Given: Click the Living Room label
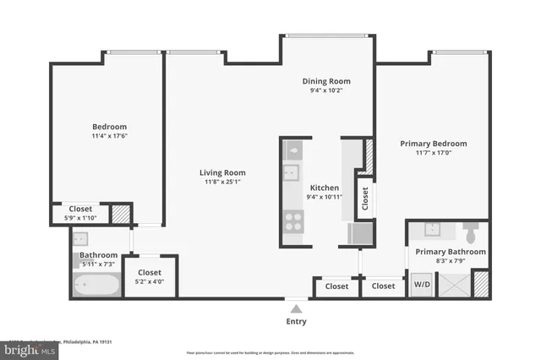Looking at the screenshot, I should click(224, 172).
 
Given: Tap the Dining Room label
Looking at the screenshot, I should click(326, 81).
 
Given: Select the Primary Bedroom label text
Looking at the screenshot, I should click(433, 144).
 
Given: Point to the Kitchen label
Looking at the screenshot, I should click(325, 188).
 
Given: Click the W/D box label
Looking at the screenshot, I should click(421, 285).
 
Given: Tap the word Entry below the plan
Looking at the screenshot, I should click(295, 321).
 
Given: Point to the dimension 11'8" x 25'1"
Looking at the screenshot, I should click(224, 182).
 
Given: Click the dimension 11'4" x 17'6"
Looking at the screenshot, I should click(110, 135).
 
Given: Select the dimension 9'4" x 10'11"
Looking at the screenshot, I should click(325, 197).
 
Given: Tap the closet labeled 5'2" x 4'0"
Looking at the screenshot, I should click(150, 276).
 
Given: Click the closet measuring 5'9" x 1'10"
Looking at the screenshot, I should click(80, 213).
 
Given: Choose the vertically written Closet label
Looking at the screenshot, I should click(365, 199).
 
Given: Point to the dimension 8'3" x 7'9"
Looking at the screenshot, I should click(451, 261).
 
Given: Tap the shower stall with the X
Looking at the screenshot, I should click(451, 284).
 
